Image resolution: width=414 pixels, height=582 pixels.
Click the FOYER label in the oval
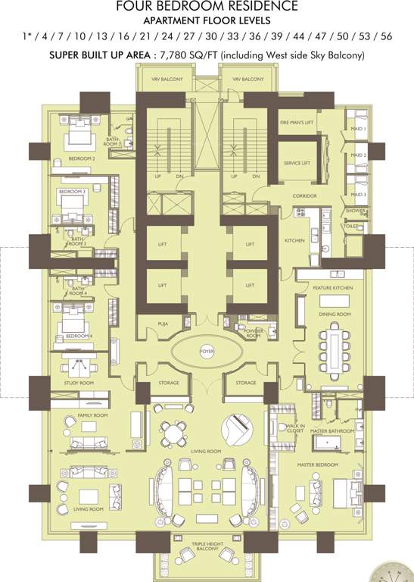(x=207, y=352)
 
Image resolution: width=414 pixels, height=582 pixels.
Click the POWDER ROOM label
(x=252, y=333)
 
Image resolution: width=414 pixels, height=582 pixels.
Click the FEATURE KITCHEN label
(x=333, y=288)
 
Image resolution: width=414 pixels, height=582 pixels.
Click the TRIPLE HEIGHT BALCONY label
(x=207, y=545)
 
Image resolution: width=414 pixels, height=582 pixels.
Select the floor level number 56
(x=386, y=36)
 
